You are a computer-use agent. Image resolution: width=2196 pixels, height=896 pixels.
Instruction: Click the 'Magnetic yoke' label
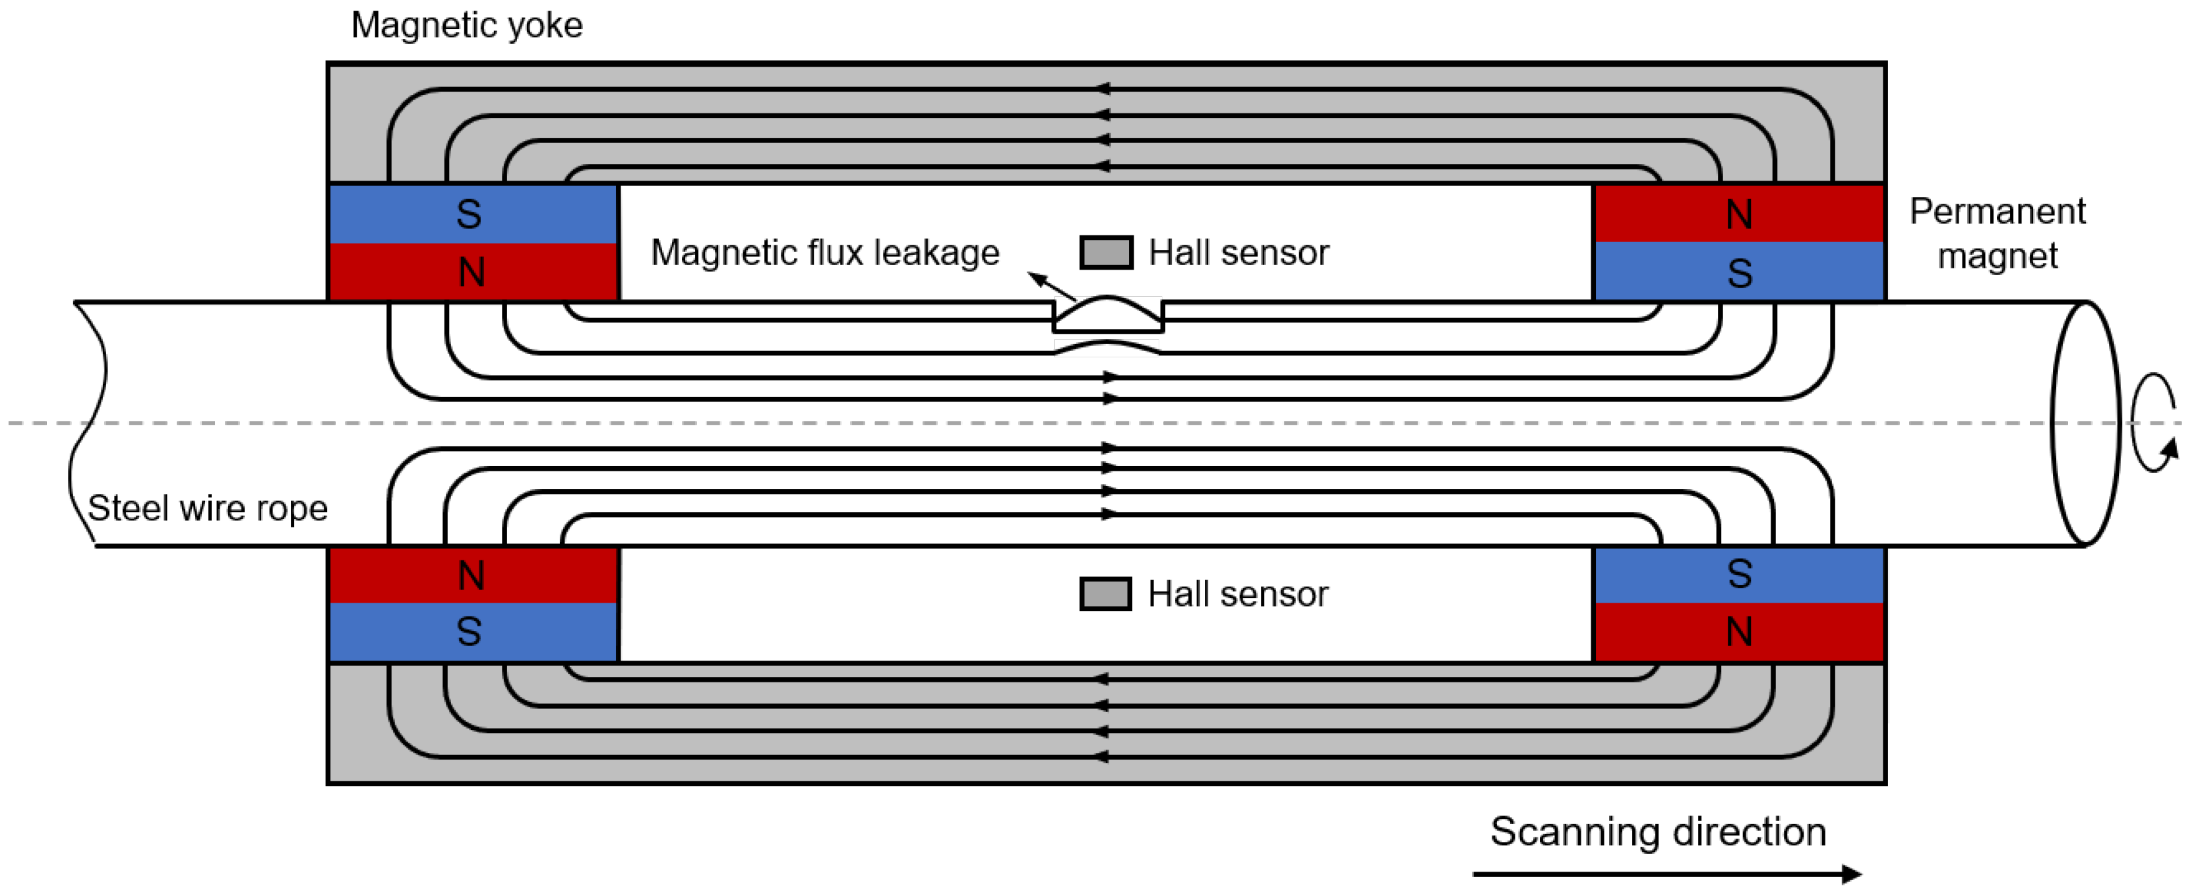[466, 26]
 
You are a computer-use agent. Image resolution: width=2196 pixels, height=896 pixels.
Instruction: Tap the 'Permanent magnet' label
[1997, 233]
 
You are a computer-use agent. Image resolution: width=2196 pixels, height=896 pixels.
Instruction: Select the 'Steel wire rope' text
[207, 508]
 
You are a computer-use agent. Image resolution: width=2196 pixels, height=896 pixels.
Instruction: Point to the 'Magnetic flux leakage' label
[824, 253]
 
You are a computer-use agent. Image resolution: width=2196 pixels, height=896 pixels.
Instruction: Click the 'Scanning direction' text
[1657, 831]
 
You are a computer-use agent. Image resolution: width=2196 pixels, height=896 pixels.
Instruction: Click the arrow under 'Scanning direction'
[1666, 874]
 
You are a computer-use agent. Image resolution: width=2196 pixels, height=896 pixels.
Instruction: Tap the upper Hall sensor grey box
[1106, 253]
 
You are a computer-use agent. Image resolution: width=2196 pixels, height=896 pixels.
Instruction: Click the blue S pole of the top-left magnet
[473, 214]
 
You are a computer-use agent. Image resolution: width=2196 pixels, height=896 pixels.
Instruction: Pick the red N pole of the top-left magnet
[473, 272]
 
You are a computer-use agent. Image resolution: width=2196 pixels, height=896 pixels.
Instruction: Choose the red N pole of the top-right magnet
[1738, 214]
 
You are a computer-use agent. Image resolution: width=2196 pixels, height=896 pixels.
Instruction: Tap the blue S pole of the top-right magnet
[1738, 272]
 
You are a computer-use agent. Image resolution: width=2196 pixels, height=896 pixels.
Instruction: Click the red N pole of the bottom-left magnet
[473, 576]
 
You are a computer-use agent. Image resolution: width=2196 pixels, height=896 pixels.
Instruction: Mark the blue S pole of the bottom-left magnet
[473, 632]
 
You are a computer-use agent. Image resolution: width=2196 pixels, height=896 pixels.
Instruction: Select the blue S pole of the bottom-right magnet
[1738, 575]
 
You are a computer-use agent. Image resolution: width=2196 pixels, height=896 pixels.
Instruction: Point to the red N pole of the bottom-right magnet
[1738, 632]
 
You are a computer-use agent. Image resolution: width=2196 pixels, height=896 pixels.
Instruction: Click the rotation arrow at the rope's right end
[2153, 422]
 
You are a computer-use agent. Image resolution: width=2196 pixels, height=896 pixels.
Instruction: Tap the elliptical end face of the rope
[2085, 423]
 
